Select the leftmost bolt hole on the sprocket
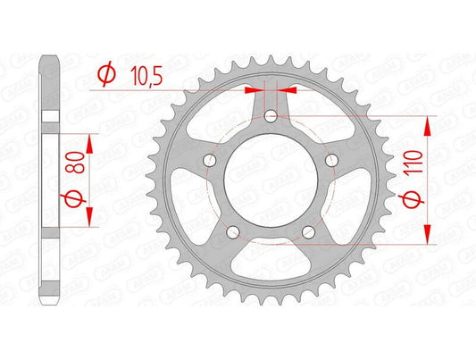click(211, 160)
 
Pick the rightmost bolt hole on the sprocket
click(332, 160)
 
